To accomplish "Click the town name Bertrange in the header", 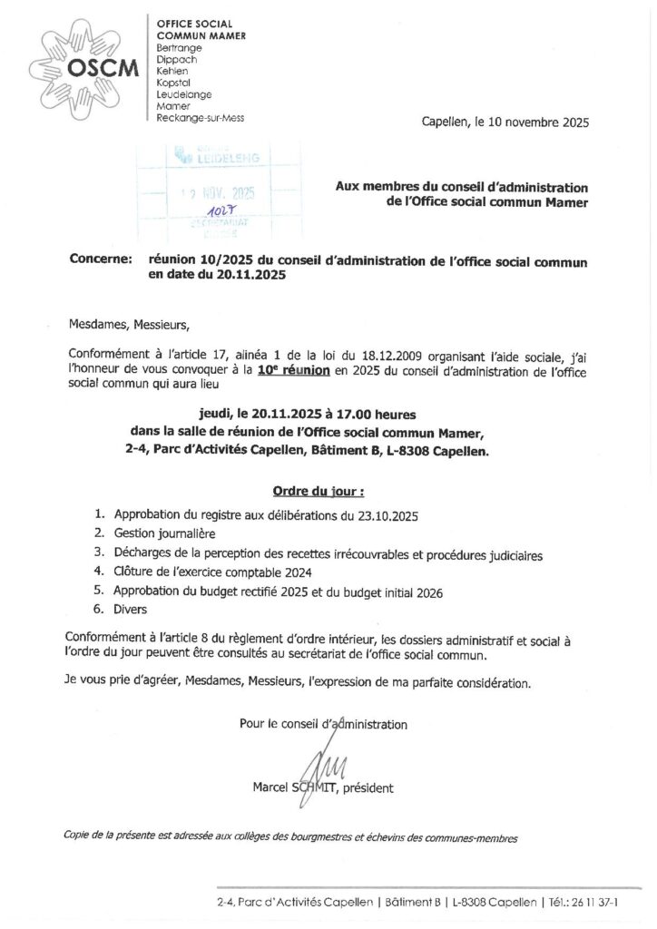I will click(x=180, y=45).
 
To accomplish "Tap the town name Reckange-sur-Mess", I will click(x=201, y=119).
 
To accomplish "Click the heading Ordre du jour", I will click(x=319, y=492).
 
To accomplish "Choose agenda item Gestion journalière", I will click(x=165, y=533).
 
